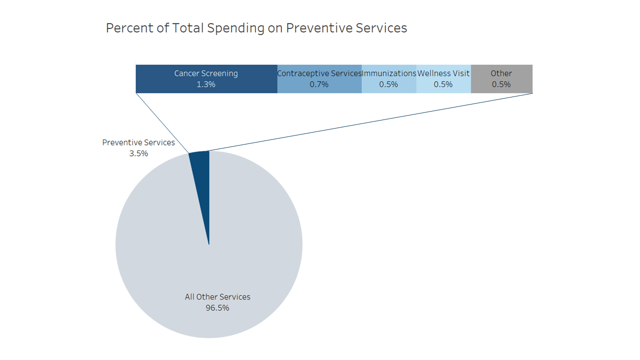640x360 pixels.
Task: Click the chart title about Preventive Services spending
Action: point(256,28)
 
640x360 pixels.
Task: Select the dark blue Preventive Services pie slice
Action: point(202,170)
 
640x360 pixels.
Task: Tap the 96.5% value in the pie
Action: point(217,308)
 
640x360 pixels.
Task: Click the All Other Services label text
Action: point(217,297)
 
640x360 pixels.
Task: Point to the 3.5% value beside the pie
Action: point(138,153)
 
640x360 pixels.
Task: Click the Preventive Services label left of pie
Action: point(138,142)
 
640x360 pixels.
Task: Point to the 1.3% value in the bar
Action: point(206,84)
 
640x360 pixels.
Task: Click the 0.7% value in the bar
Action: point(319,84)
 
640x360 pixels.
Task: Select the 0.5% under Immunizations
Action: point(388,84)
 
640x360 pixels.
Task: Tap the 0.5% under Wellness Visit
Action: point(443,84)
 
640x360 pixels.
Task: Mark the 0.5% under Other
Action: point(501,84)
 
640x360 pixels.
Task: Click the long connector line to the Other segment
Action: point(370,122)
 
